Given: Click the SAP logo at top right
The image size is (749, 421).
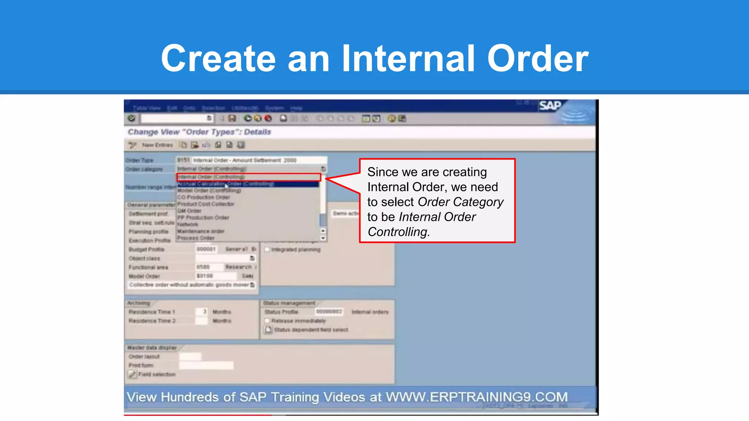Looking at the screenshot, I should click(550, 106).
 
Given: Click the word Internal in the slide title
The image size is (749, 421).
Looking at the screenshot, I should click(408, 58).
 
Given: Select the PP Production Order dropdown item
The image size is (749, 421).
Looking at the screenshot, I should click(203, 218).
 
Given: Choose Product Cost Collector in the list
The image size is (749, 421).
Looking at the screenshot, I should click(206, 204).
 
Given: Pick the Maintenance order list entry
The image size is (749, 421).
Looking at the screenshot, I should click(201, 231).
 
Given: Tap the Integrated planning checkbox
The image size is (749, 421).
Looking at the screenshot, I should click(267, 250).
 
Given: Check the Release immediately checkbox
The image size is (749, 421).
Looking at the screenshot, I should click(267, 321).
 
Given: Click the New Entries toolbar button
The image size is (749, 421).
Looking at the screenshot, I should click(157, 145).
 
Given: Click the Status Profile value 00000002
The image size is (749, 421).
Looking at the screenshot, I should click(329, 312).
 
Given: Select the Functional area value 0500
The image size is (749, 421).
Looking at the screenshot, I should click(203, 267).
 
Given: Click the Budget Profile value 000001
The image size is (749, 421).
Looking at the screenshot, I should click(206, 249).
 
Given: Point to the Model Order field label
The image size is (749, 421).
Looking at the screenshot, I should click(144, 276).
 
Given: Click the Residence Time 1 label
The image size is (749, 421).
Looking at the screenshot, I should click(151, 312).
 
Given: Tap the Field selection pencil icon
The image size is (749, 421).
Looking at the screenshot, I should click(132, 374).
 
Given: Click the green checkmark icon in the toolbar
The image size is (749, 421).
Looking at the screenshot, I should click(132, 118).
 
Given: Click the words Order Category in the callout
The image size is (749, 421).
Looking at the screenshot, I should click(460, 202).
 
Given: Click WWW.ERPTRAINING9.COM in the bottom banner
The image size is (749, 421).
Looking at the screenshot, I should click(477, 397).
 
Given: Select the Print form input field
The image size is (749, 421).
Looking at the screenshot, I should click(206, 365).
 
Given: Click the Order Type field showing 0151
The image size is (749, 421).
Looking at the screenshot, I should click(183, 160).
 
